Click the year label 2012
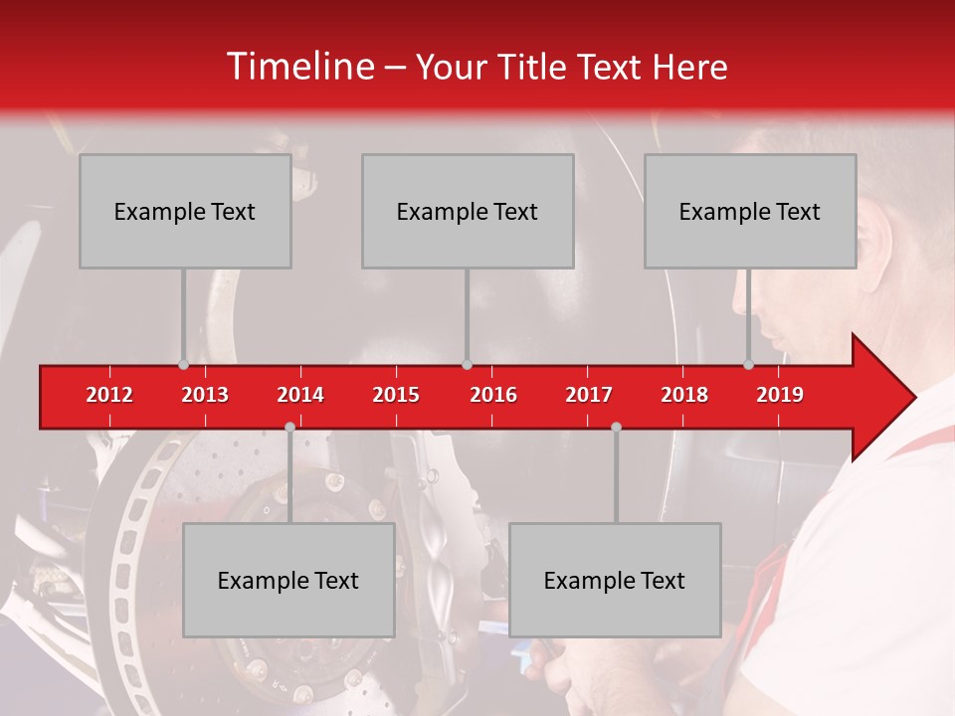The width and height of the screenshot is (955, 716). [x=109, y=395]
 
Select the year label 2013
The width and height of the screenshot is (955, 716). [x=205, y=395]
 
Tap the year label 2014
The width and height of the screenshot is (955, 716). [x=300, y=395]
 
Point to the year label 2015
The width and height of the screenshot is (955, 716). [x=396, y=395]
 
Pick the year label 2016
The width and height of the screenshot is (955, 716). [x=493, y=395]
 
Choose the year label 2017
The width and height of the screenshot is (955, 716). [x=589, y=395]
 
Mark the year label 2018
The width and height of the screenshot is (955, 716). [x=684, y=395]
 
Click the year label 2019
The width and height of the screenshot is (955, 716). [x=780, y=395]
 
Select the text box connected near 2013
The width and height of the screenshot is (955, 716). [x=185, y=211]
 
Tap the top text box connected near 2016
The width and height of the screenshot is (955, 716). [x=468, y=211]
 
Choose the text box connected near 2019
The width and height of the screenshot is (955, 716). [x=750, y=211]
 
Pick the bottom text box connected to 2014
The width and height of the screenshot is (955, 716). [x=288, y=580]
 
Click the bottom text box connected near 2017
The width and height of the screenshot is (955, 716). [x=615, y=580]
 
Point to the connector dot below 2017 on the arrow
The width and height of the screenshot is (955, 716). [x=616, y=427]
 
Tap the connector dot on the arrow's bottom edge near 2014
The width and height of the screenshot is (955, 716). [x=289, y=427]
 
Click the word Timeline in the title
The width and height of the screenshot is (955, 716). [x=298, y=67]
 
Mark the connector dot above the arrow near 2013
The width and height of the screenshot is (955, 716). [x=183, y=365]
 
